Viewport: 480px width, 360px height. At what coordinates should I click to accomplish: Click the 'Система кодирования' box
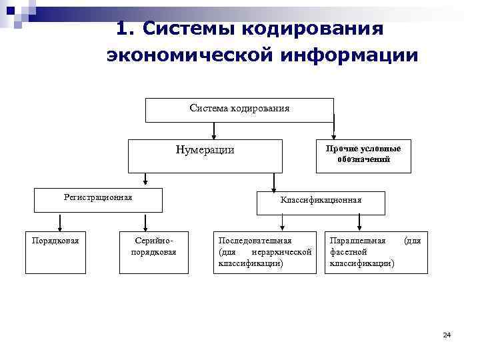click(x=239, y=110)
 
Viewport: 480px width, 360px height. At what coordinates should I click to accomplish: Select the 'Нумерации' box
click(x=205, y=156)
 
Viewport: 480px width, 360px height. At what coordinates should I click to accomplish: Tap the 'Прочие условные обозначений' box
click(x=363, y=155)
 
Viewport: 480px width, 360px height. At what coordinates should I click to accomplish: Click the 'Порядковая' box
click(x=55, y=252)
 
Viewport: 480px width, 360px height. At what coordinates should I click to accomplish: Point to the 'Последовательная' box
click(x=265, y=252)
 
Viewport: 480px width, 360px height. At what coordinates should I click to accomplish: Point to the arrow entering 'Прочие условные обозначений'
click(x=334, y=131)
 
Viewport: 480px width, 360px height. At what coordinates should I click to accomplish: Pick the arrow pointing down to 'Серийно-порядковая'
click(x=144, y=223)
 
